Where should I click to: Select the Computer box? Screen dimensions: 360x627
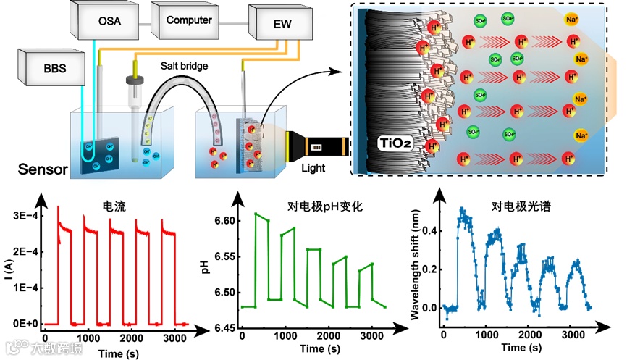coord(188,20)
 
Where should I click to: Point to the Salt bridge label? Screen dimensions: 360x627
coord(185,67)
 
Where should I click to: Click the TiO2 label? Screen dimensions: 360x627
coord(397,143)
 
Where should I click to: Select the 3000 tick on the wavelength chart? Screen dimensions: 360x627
coord(572,336)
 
